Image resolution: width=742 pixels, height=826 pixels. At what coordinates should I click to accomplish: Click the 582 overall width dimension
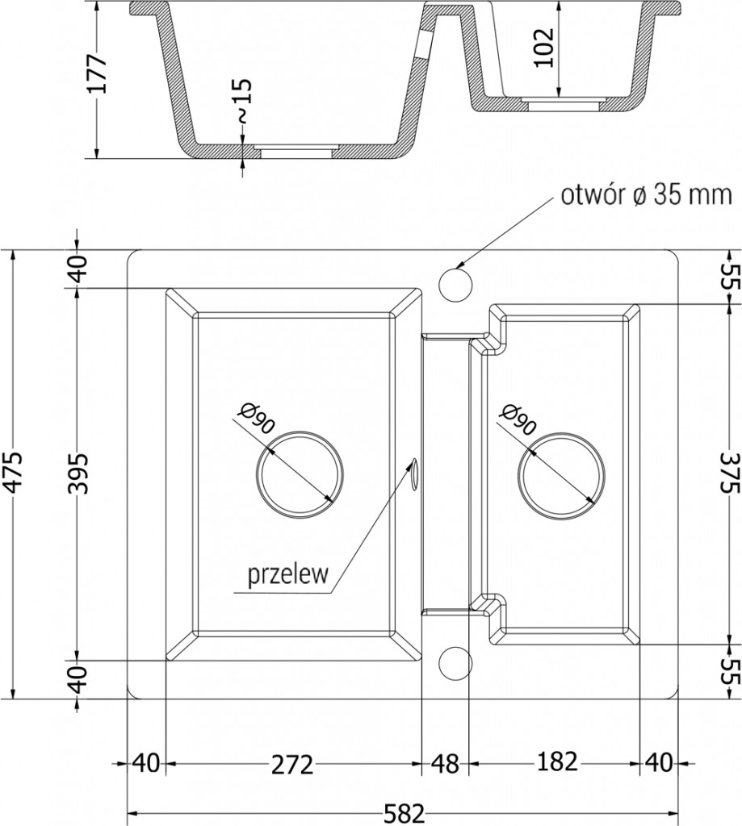tap(404, 813)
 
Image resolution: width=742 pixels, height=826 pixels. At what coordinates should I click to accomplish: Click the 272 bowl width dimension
tap(293, 765)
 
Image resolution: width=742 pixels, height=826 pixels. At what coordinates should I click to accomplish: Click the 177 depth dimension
tap(98, 73)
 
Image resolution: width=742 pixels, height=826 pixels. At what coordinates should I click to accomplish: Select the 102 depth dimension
tap(544, 48)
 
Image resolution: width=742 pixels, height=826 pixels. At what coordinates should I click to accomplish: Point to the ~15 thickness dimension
tap(242, 101)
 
